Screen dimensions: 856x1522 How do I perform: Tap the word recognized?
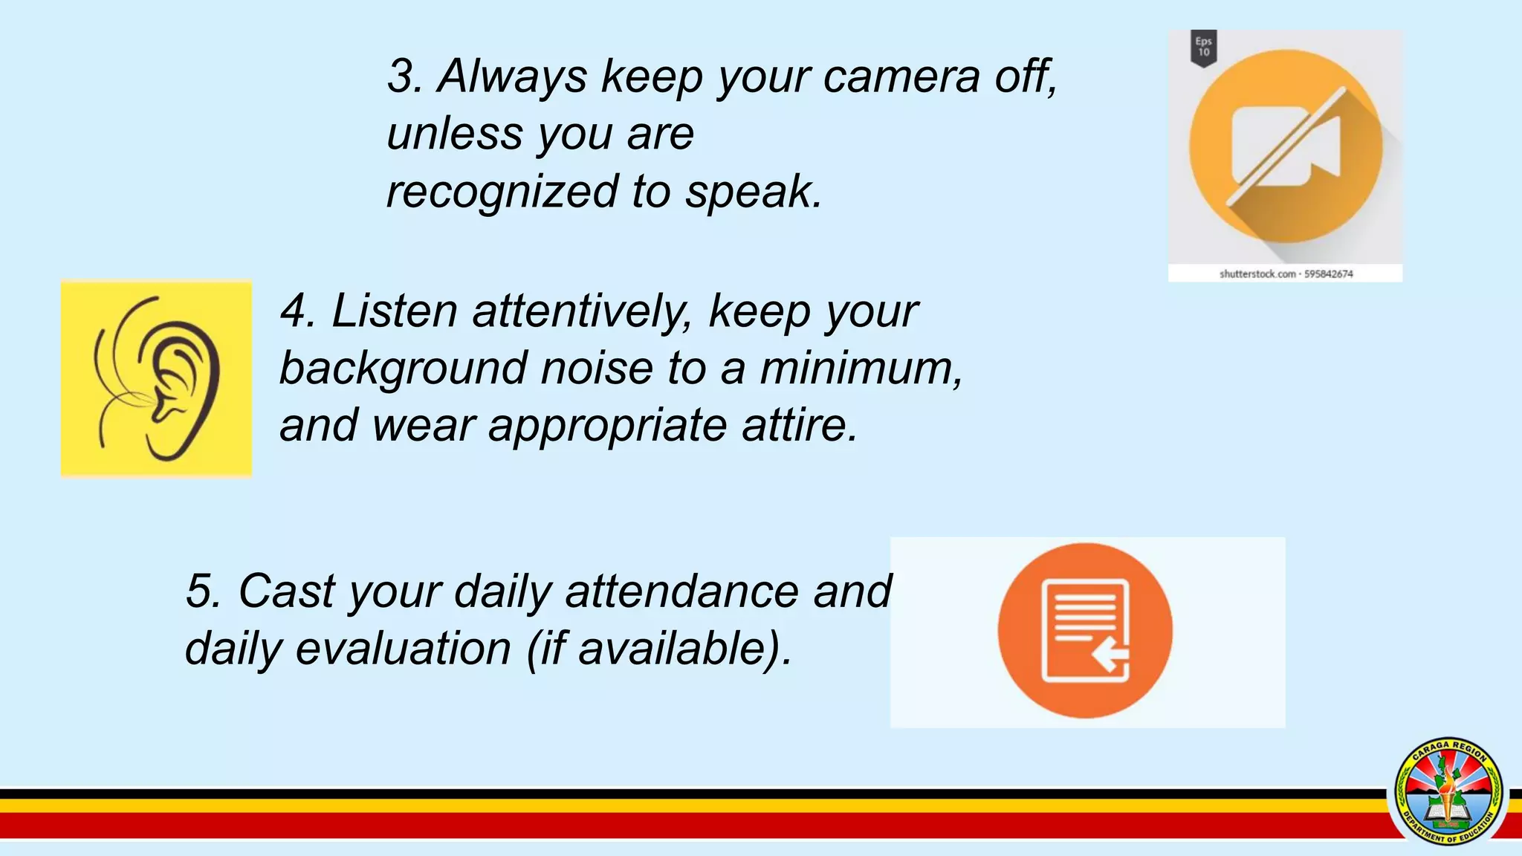click(x=502, y=192)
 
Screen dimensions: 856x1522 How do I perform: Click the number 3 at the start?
click(x=404, y=76)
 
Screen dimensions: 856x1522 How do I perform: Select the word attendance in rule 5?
click(x=681, y=591)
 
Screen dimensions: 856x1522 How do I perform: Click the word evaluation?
click(x=403, y=649)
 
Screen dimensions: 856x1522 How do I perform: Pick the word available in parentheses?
click(x=673, y=649)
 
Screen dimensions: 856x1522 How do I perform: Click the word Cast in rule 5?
click(x=287, y=591)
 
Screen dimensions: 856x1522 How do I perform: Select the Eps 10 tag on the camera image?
click(x=1204, y=48)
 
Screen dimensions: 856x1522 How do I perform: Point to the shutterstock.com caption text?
click(x=1286, y=274)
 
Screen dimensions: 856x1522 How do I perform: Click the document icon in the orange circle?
click(x=1085, y=630)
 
